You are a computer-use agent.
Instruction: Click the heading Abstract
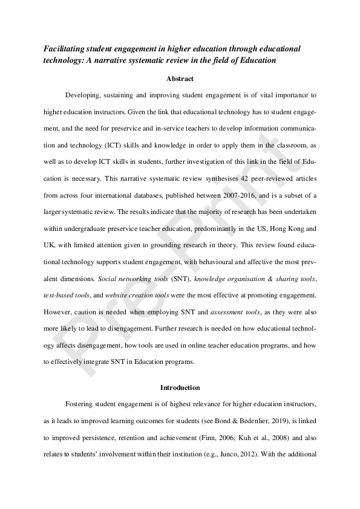(x=180, y=78)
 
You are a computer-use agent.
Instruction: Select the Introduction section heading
(x=180, y=387)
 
